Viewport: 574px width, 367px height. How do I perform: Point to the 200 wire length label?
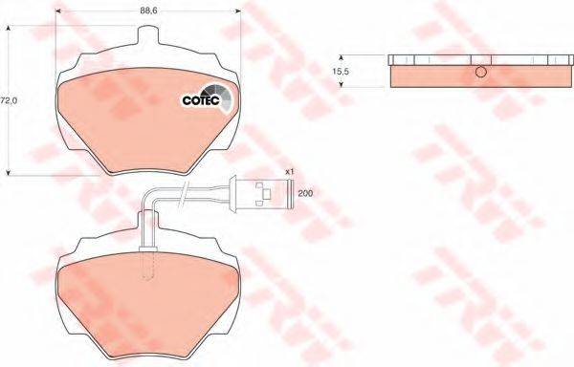[305, 194]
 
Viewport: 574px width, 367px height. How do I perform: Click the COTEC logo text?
[200, 100]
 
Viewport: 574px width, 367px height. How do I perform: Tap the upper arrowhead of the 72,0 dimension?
[10, 26]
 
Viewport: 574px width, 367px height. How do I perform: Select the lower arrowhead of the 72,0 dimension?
[10, 173]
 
